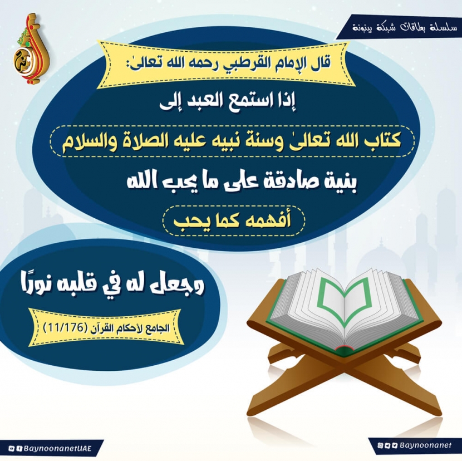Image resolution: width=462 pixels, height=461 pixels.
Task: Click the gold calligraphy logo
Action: (x=31, y=48)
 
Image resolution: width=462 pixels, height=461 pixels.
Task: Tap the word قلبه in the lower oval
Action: (x=85, y=285)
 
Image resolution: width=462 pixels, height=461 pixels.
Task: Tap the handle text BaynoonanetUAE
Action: (x=57, y=449)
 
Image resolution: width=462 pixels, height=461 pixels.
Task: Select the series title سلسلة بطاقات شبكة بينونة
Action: (x=405, y=28)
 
